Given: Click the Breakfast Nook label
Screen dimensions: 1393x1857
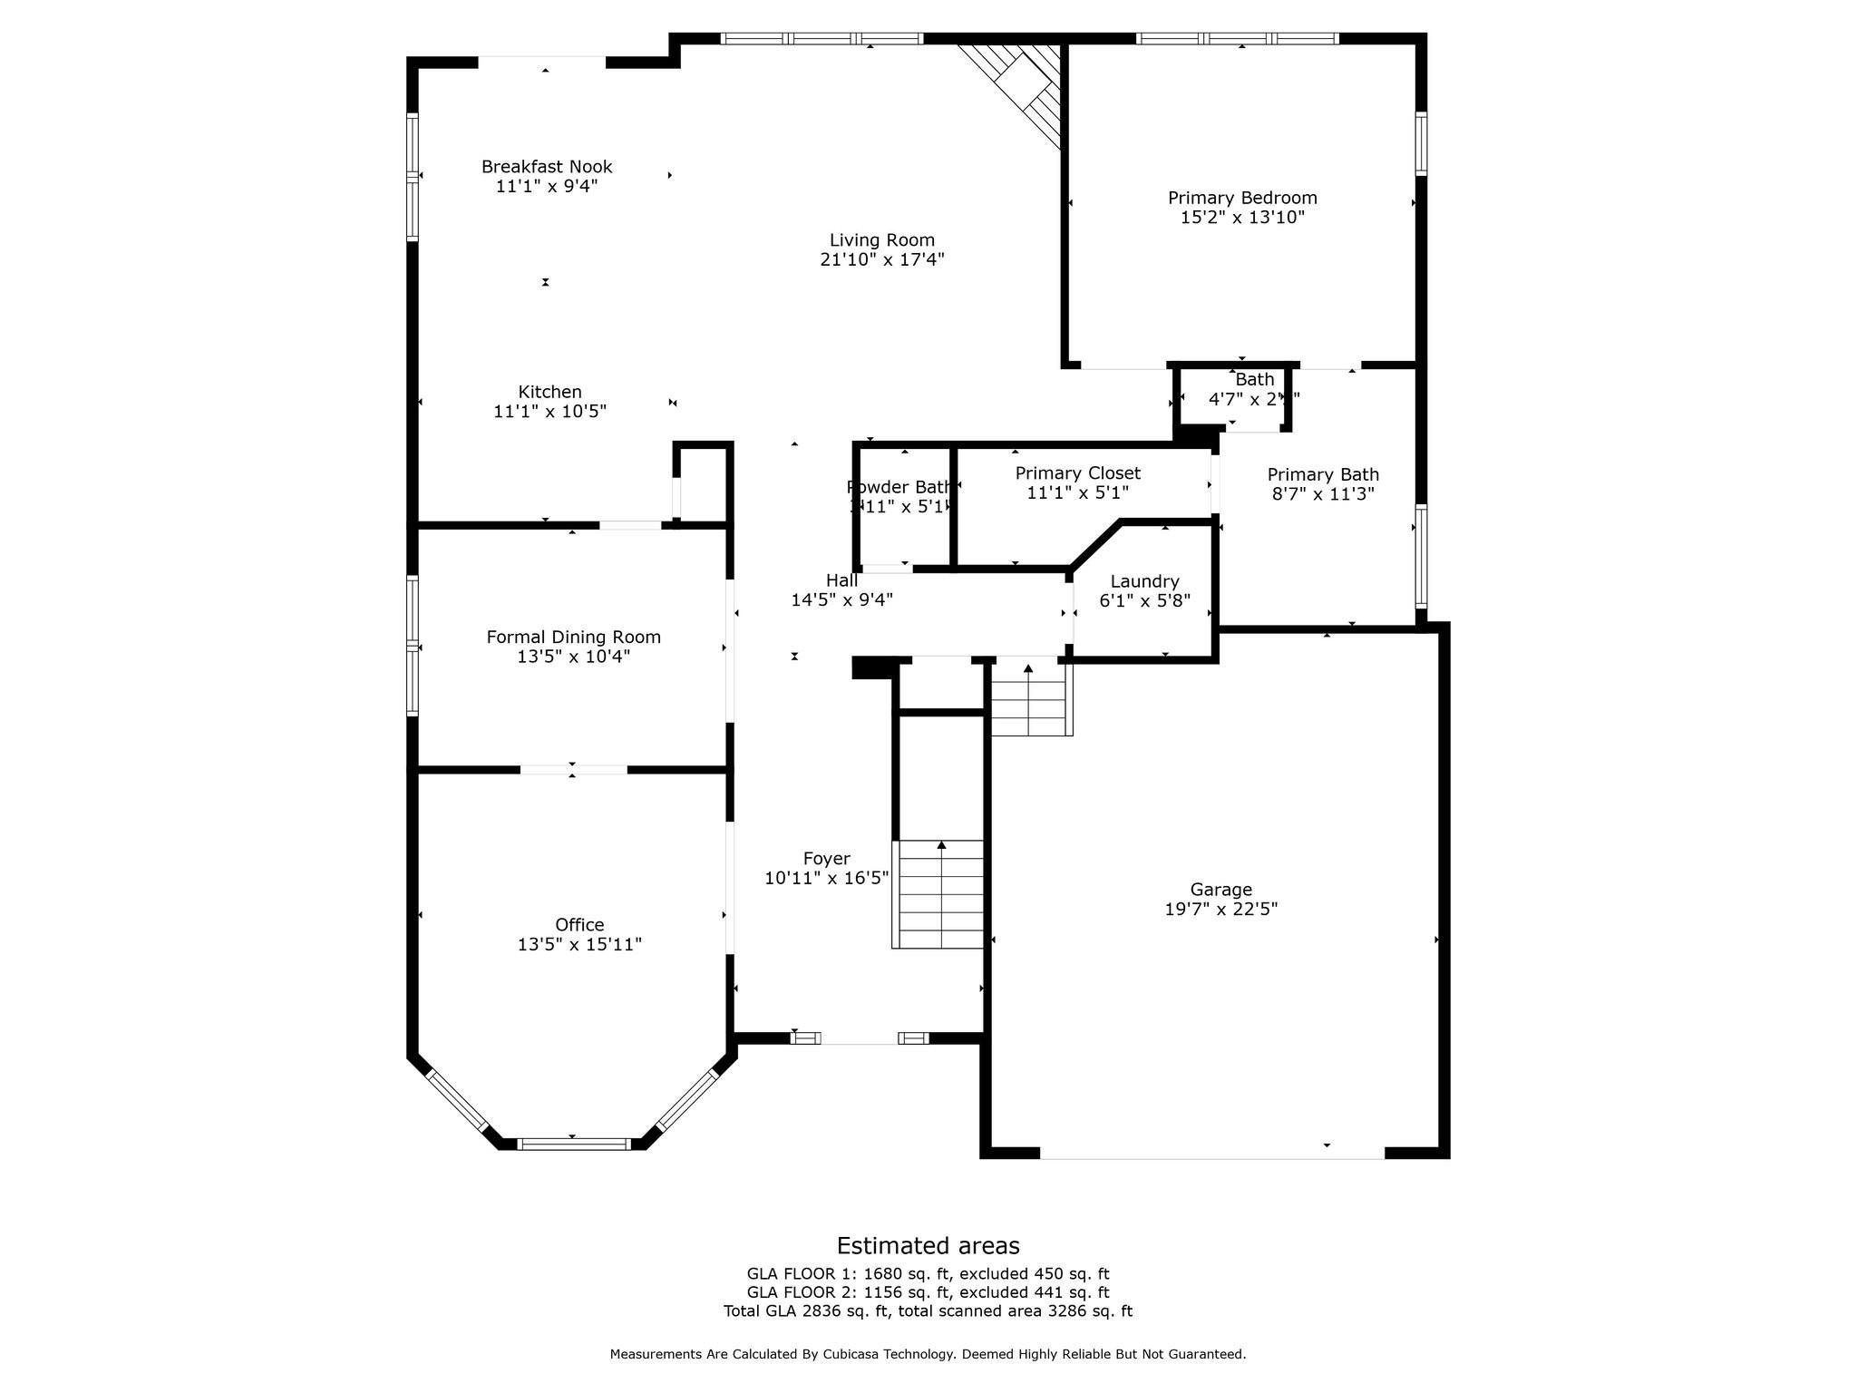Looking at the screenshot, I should point(546,167).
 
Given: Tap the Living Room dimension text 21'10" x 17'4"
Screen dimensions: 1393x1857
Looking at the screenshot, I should point(881,259).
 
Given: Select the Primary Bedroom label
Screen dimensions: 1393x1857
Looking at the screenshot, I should point(1241,198).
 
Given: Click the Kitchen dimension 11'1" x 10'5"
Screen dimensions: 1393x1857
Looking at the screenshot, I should point(549,412).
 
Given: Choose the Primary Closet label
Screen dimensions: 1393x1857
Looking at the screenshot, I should point(1077,473).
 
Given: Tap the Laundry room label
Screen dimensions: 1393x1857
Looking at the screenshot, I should point(1144,581).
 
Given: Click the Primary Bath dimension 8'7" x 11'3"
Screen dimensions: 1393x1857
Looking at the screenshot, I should point(1323,494).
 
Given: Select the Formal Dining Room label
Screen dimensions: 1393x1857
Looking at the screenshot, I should point(573,638).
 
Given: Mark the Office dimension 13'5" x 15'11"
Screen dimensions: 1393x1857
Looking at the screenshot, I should point(579,944).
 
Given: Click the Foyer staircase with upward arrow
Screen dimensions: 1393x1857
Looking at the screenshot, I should point(939,893).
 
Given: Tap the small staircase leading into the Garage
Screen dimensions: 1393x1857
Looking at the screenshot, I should point(1030,698).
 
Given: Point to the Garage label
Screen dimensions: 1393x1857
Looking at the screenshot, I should point(1220,890).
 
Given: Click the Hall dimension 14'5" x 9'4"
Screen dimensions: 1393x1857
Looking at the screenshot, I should point(841,599).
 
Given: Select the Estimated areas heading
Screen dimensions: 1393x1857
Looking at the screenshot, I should point(928,1245).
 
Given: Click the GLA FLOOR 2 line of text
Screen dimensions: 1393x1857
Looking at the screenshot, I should point(928,1292).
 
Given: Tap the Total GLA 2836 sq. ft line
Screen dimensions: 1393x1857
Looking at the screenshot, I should point(928,1311).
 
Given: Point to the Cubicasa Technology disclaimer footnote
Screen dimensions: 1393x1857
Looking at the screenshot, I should point(928,1354).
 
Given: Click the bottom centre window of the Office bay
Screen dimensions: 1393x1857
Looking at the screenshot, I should point(573,1144).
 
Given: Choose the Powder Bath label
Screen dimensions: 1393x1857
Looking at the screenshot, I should point(899,487).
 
